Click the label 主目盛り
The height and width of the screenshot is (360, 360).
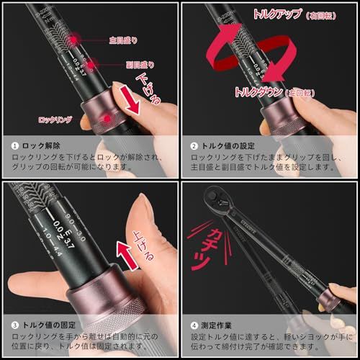click(x=122, y=40)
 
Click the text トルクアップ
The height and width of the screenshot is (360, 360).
click(x=266, y=14)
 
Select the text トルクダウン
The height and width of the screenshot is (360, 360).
click(x=258, y=92)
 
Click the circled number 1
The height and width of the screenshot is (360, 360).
click(x=14, y=145)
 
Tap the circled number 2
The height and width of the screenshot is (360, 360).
click(x=194, y=145)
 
